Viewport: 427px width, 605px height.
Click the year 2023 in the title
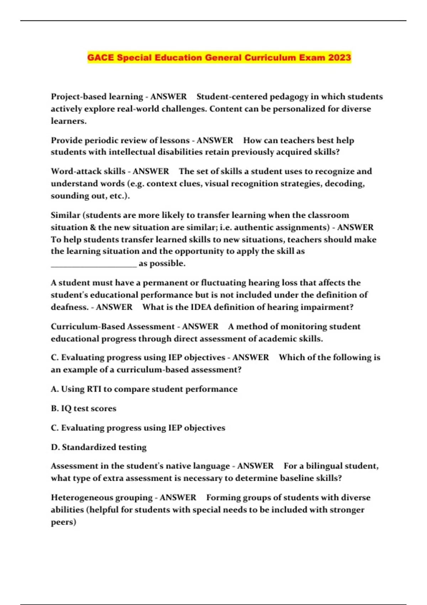[339, 57]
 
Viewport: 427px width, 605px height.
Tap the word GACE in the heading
[101, 57]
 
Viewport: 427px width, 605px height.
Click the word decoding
[344, 184]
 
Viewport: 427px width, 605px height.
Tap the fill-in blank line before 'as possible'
[94, 264]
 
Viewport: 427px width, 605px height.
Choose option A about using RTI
[144, 389]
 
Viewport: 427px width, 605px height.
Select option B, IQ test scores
[84, 409]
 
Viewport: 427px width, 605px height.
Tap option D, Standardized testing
[99, 447]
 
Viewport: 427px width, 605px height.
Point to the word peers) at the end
[63, 522]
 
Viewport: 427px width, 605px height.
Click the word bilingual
[325, 466]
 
